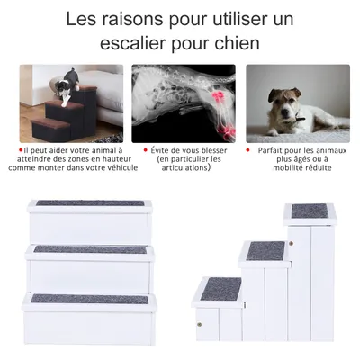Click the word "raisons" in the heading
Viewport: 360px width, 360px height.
tap(130, 18)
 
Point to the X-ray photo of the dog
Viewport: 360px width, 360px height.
tap(183, 103)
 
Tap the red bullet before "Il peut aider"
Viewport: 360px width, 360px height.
tap(20, 151)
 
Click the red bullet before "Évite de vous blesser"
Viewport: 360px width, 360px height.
tap(145, 151)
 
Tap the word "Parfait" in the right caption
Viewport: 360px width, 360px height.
tap(273, 151)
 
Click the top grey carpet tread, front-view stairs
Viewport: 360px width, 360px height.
tap(90, 203)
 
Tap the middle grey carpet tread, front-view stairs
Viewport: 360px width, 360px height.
tap(90, 249)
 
